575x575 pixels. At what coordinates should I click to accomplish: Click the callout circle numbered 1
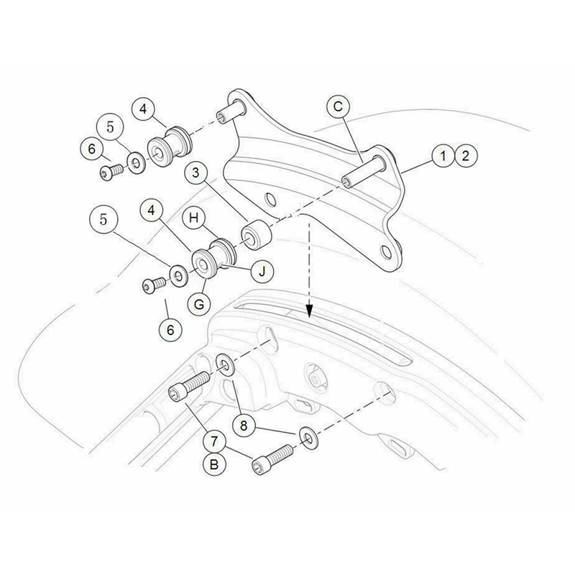pos(443,155)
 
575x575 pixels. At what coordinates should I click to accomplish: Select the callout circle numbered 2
pos(465,155)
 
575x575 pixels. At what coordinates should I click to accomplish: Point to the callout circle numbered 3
pos(195,172)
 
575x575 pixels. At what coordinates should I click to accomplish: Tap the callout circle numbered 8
pos(244,425)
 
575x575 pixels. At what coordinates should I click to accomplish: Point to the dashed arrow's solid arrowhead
pos(310,311)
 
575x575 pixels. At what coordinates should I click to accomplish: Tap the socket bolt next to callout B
pos(272,459)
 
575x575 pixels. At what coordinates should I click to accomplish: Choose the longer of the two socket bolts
pos(189,386)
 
